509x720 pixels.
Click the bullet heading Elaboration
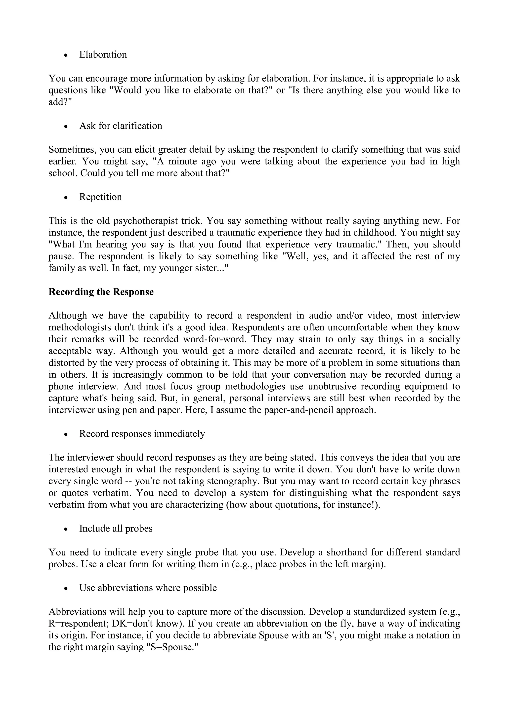pyautogui.click(x=103, y=54)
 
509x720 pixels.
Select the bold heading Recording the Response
pyautogui.click(x=101, y=292)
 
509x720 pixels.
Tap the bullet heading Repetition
pyautogui.click(x=100, y=197)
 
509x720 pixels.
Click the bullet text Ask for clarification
pyautogui.click(x=121, y=126)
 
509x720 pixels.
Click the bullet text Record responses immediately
pyautogui.click(x=142, y=434)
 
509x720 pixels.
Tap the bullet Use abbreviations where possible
pyautogui.click(x=148, y=588)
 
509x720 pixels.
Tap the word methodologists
pyautogui.click(x=80, y=327)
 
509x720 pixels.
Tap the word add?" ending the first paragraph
pyautogui.click(x=60, y=102)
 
